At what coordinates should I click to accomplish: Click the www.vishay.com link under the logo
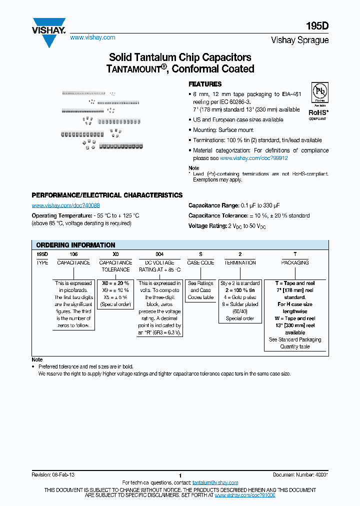pos(92,37)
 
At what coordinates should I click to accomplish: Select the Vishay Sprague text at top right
pos(299,40)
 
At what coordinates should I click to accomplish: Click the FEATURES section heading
pos(204,84)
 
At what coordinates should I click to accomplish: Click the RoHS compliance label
pos(317,113)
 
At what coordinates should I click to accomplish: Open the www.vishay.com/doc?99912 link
pos(253,158)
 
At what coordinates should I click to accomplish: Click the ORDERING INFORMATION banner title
pos(75,245)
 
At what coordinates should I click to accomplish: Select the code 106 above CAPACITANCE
pos(73,254)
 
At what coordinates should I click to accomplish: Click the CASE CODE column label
pos(200,262)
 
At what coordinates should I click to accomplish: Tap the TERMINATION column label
pos(240,262)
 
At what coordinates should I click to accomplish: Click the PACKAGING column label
pos(295,262)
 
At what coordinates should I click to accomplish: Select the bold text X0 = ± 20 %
pos(115,283)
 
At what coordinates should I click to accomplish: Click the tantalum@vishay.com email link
pos(215,482)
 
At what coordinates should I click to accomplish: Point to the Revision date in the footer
pos(53,474)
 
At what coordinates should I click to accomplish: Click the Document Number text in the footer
pos(300,474)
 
